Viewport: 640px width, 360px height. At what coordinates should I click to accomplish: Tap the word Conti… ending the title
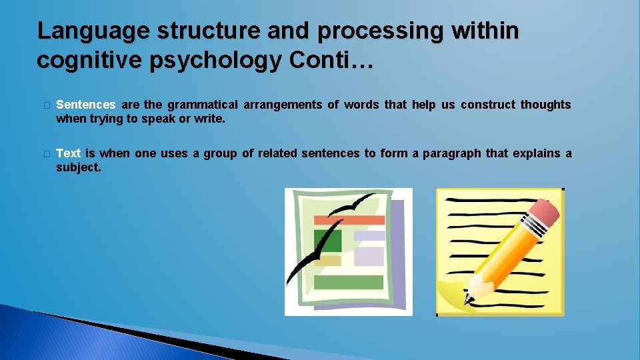tap(332, 60)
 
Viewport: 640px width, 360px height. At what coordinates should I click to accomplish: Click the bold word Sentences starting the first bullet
tap(86, 105)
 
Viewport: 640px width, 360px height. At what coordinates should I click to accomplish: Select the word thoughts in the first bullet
tap(545, 105)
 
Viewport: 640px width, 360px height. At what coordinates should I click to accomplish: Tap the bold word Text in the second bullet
tap(69, 153)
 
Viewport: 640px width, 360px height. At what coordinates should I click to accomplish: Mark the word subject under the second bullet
tap(78, 167)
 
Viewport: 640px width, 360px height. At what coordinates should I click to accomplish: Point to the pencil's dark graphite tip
tap(467, 299)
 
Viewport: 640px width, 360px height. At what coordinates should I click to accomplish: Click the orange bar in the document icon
tap(349, 220)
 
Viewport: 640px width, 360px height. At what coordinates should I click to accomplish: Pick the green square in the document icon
tap(327, 241)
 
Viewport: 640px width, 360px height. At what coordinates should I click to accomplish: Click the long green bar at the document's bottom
tap(348, 282)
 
